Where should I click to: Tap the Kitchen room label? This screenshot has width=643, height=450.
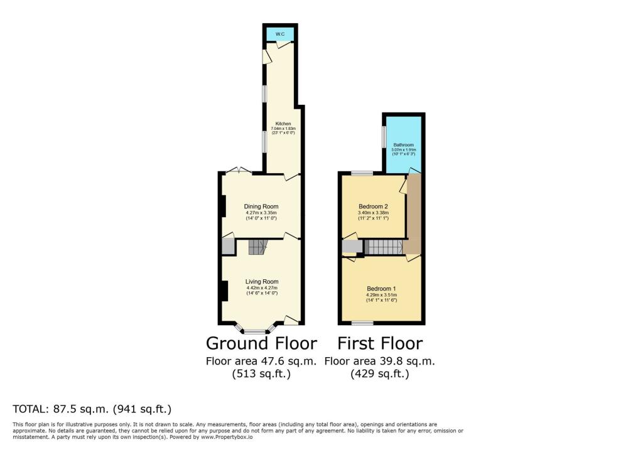coord(283,124)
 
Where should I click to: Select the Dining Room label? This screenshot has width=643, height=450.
coord(261,206)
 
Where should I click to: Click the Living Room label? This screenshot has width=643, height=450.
coord(262,282)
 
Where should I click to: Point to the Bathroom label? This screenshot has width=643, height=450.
coord(404,145)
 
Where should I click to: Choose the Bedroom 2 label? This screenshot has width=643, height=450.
coord(373,206)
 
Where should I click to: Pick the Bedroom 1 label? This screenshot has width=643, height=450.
coord(382,289)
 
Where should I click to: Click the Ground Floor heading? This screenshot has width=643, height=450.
coord(261,343)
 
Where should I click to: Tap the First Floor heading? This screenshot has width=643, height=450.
coord(380,343)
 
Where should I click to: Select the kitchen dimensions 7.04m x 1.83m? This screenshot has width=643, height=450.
coord(283,129)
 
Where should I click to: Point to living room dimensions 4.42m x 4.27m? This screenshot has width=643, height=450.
coord(262,288)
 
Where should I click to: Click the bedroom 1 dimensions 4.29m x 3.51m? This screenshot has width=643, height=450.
coord(382,295)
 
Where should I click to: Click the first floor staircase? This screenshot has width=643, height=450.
coord(383,247)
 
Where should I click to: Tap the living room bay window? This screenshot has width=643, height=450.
coord(255,329)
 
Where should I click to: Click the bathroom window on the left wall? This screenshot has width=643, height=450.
coord(384,137)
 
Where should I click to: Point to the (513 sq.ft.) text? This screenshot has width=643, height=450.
coord(261,374)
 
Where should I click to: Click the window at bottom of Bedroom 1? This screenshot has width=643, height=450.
coord(362,323)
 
